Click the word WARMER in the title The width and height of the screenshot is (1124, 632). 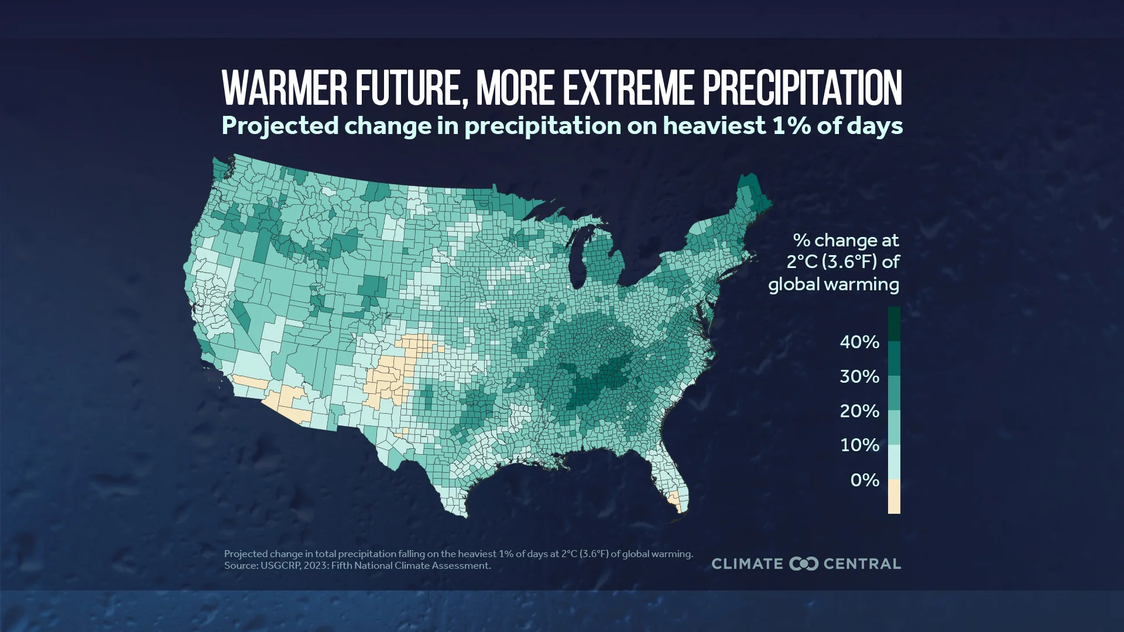pos(285,88)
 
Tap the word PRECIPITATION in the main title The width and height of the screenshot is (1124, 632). pos(801,88)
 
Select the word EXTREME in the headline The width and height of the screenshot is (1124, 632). pos(628,88)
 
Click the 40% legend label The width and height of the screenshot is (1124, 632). pos(859,342)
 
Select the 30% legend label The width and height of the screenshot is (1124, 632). pos(859,376)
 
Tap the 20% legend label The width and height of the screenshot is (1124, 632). pos(859,411)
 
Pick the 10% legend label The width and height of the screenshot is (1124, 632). pos(859,445)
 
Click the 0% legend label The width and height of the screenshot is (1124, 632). pos(864,480)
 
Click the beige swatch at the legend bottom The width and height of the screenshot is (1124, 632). pos(894,497)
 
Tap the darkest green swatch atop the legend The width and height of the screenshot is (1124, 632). pos(894,324)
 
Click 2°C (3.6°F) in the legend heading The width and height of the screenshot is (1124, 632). pos(831,262)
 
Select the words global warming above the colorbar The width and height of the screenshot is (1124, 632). pos(833,284)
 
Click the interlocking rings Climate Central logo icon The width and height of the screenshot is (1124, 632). pos(803,564)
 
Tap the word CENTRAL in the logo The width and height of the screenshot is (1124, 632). pos(862,564)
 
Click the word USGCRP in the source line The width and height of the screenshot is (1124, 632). pos(280,566)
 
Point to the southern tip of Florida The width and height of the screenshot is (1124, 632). pos(679,512)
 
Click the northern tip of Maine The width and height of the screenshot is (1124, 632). pos(748,174)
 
